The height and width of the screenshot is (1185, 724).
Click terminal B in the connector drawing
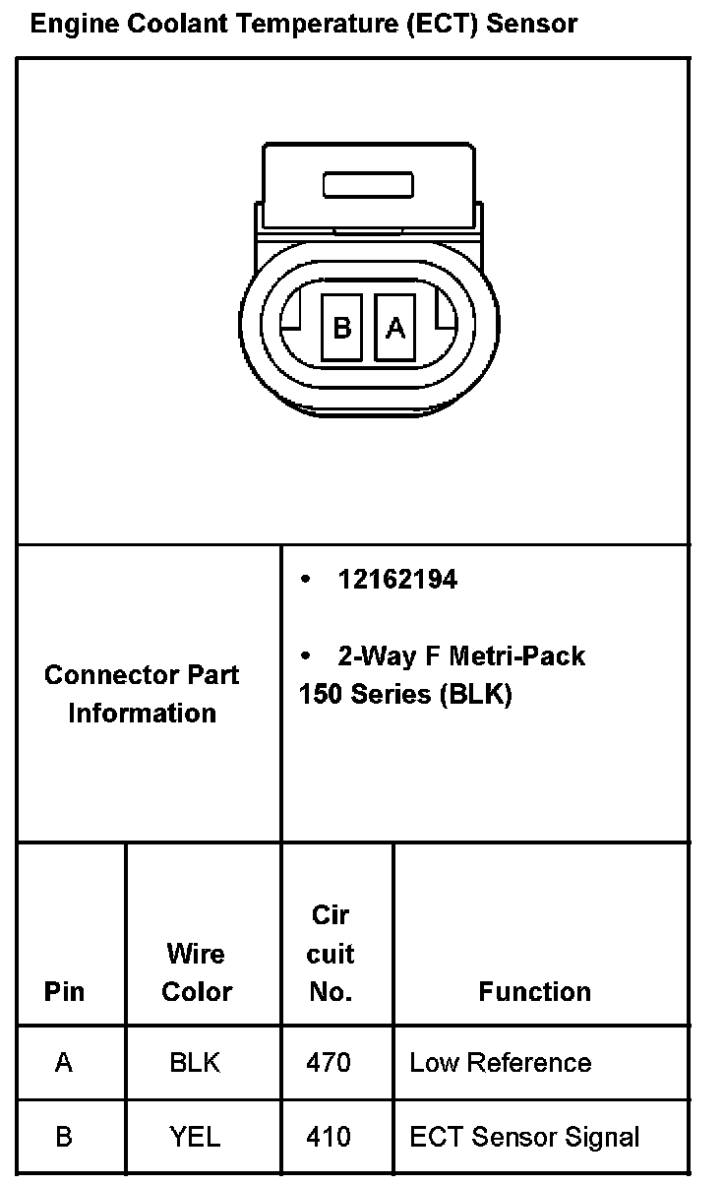pyautogui.click(x=341, y=328)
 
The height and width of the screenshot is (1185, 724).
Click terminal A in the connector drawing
pyautogui.click(x=395, y=328)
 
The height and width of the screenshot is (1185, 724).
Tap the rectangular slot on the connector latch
pyautogui.click(x=369, y=185)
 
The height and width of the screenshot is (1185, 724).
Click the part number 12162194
pyautogui.click(x=397, y=580)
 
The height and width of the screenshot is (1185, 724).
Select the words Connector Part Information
pyautogui.click(x=142, y=694)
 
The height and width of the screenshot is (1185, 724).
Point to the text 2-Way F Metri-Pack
pyautogui.click(x=460, y=655)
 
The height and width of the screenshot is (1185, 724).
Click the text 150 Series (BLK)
pyautogui.click(x=405, y=694)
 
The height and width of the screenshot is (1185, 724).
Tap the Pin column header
pyautogui.click(x=65, y=991)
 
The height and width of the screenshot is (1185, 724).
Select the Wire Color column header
pyautogui.click(x=196, y=972)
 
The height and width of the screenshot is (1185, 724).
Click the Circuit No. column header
pyautogui.click(x=331, y=954)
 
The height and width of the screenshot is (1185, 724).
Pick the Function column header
pyautogui.click(x=535, y=991)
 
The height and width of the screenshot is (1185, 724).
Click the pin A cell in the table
pyautogui.click(x=64, y=1063)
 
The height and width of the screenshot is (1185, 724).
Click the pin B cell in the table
pyautogui.click(x=64, y=1138)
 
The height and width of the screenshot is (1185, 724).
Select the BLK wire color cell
pyautogui.click(x=195, y=1063)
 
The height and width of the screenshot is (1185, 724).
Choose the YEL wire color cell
pyautogui.click(x=195, y=1138)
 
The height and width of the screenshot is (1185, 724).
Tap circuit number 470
pyautogui.click(x=329, y=1063)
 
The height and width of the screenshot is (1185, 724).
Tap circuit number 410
pyautogui.click(x=329, y=1138)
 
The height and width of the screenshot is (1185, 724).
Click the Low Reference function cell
pyautogui.click(x=500, y=1063)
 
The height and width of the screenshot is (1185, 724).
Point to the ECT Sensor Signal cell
pyautogui.click(x=524, y=1138)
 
